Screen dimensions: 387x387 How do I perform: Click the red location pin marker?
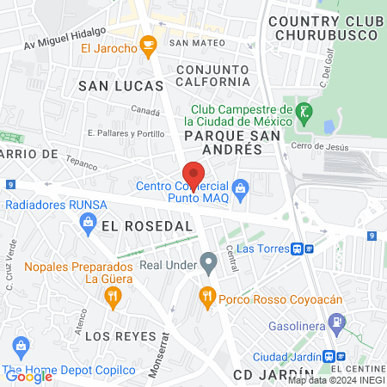click(193, 175)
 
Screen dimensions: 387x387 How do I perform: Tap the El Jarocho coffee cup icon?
click(148, 43)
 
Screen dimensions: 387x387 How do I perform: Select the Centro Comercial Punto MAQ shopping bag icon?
click(241, 186)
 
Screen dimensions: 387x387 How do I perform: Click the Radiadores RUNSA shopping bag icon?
click(87, 222)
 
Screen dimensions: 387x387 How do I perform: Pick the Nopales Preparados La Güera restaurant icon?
click(113, 298)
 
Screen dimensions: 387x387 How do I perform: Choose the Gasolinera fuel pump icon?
click(339, 323)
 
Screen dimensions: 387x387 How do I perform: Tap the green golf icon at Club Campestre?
click(304, 111)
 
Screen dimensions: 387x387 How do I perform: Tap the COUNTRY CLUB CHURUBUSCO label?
click(322, 28)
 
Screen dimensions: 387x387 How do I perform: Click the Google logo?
click(28, 376)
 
